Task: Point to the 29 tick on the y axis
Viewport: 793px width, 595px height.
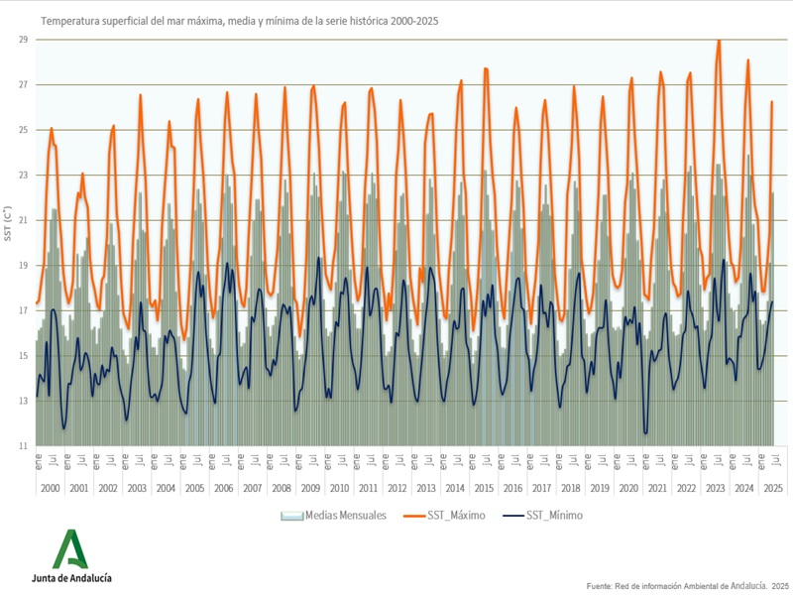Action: click(x=24, y=40)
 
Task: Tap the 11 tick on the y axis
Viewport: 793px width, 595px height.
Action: click(x=24, y=446)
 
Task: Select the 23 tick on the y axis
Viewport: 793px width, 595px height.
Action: click(x=24, y=176)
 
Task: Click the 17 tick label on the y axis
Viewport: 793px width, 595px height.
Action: click(x=24, y=310)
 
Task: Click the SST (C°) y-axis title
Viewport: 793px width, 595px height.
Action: click(x=8, y=226)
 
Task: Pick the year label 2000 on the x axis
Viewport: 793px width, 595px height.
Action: click(x=51, y=489)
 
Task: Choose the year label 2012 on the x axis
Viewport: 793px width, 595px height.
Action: click(x=397, y=489)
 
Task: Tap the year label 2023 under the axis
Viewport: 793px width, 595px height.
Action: click(x=716, y=489)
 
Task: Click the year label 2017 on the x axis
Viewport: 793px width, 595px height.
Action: click(x=542, y=489)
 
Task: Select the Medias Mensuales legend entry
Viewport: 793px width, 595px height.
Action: click(x=333, y=516)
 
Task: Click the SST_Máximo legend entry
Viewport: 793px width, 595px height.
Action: click(x=446, y=516)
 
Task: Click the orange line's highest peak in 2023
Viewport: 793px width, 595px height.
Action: click(x=719, y=41)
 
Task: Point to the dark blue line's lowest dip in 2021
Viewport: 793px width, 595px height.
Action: click(x=646, y=432)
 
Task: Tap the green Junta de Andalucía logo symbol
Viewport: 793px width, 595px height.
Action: click(x=70, y=548)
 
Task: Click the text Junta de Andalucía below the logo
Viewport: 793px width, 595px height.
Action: click(x=71, y=577)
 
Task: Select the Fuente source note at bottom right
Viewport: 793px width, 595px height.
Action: click(x=688, y=586)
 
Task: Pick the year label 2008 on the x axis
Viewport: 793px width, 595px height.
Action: click(x=282, y=489)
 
